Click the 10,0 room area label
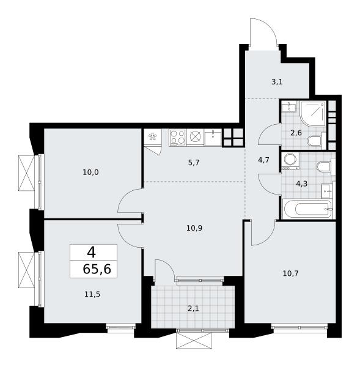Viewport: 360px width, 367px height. point(90,172)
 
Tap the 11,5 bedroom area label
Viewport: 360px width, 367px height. point(92,294)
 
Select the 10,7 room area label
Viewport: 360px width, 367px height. point(290,273)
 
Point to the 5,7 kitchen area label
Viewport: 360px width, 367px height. point(194,163)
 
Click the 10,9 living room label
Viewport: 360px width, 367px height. point(194,228)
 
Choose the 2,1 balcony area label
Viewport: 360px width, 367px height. point(193,308)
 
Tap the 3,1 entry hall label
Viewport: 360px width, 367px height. point(277,82)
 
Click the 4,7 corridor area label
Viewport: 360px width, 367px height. point(263,160)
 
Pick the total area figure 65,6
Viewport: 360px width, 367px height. point(97,269)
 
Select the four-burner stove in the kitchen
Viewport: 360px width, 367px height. point(177,138)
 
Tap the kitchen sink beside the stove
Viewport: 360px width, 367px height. point(213,138)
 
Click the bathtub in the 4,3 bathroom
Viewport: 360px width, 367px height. point(307,209)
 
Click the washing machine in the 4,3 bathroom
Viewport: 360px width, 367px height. point(290,161)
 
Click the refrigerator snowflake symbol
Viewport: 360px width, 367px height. point(153,136)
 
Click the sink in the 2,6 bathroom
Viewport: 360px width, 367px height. point(289,106)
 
